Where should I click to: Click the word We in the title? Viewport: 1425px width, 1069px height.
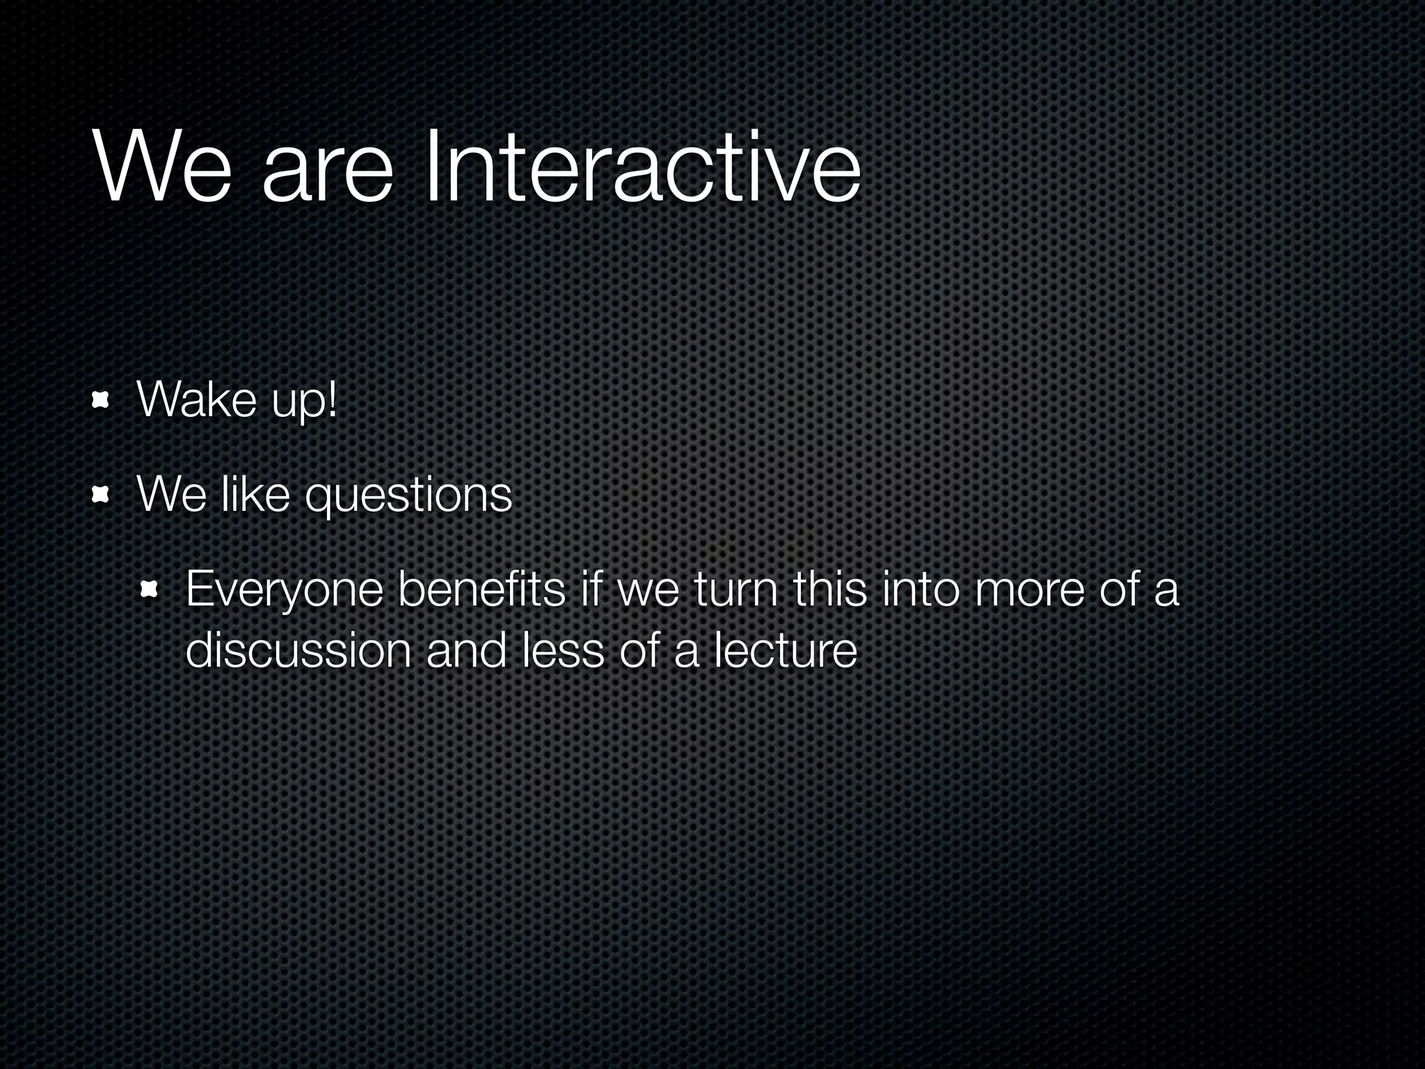161,168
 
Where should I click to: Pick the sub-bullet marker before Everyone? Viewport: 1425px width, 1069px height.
150,591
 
